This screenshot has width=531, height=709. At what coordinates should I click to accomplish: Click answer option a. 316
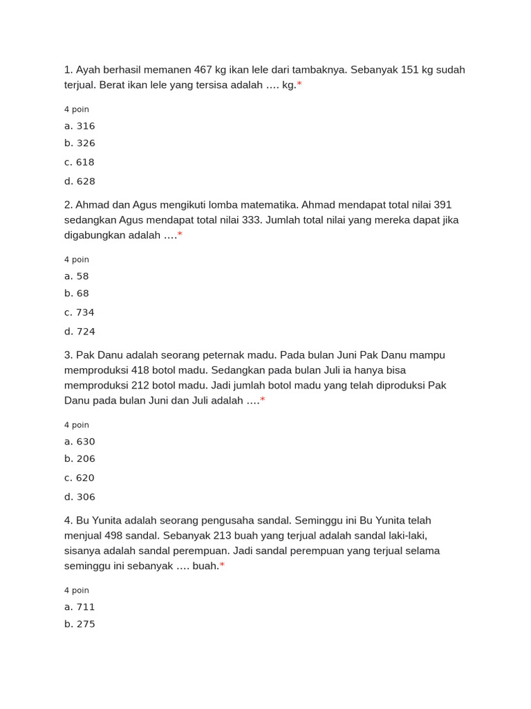tap(80, 126)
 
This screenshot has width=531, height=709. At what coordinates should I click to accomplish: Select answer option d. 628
tap(80, 181)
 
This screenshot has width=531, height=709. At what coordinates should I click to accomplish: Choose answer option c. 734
tap(80, 312)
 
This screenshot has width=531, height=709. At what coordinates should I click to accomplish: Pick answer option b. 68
tap(77, 294)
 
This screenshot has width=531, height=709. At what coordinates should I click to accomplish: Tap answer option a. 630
tap(80, 442)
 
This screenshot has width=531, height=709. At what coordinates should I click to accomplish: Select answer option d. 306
tap(80, 497)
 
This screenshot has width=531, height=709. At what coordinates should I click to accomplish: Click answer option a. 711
tap(80, 607)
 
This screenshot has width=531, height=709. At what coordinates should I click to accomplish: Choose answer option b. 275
tap(80, 625)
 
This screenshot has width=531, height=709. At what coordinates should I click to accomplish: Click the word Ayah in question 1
tap(88, 70)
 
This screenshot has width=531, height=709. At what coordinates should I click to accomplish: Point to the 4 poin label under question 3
tap(77, 425)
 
